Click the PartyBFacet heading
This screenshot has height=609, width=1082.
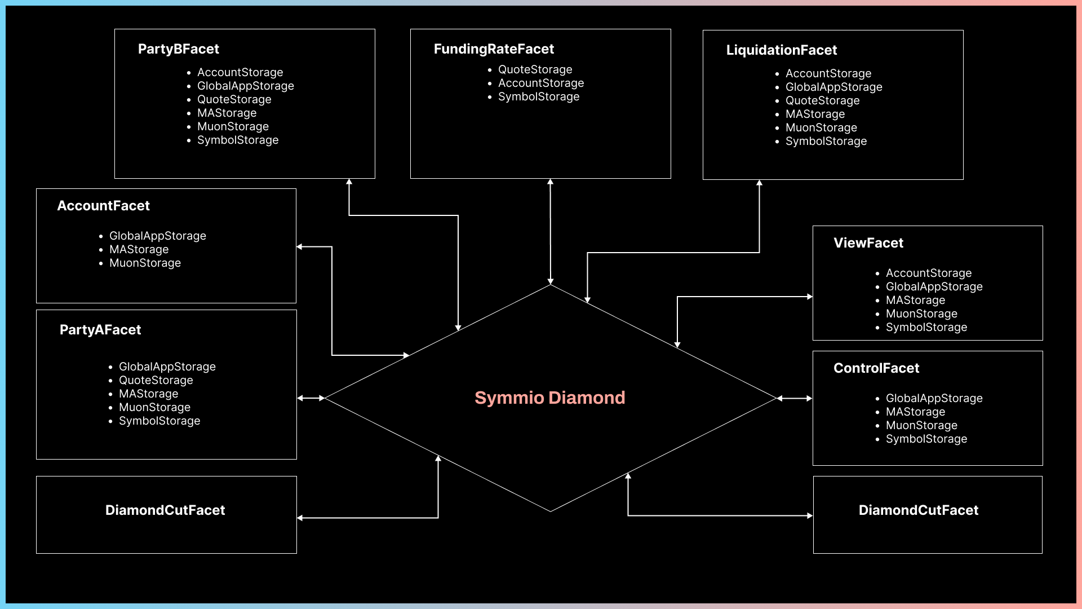178,49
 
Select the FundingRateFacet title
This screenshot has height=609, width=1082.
494,49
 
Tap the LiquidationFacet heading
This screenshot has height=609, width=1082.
781,50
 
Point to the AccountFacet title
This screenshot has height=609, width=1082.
103,206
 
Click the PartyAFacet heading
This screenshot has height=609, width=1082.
100,330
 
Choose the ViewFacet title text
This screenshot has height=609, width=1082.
868,243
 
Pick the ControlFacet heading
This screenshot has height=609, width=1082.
876,368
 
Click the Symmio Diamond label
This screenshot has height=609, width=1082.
549,398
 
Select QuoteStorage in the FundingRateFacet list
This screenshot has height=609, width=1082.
535,69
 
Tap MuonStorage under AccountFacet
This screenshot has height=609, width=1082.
145,263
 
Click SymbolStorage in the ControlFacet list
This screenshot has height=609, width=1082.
926,439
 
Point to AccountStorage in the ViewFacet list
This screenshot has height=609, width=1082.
928,273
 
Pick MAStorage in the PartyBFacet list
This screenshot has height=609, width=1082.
227,113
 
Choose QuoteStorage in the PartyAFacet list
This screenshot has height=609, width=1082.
156,380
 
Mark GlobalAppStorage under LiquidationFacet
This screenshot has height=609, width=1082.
833,87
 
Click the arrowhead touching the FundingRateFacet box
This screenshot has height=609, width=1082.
551,182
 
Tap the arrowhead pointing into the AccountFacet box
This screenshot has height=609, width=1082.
300,247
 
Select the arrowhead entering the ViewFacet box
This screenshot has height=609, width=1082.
810,297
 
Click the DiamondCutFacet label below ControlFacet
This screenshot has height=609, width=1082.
918,510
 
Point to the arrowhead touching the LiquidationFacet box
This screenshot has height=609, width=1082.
759,183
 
